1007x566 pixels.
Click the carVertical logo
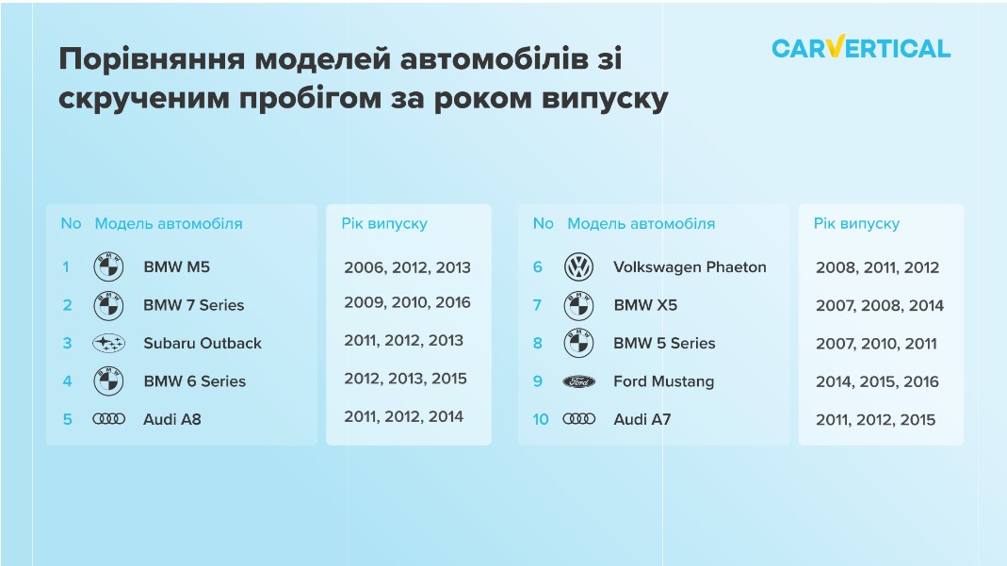(861, 47)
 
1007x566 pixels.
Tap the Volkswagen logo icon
(578, 267)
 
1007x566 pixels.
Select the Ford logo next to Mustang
(578, 381)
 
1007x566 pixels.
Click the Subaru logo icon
(108, 344)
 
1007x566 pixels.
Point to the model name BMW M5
(176, 267)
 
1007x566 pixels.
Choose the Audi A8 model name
(172, 419)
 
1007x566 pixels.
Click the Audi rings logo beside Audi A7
(578, 419)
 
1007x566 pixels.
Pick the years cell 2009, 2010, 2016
(407, 303)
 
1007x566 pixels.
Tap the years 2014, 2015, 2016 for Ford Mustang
(877, 381)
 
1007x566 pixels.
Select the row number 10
(541, 420)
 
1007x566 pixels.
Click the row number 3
(67, 344)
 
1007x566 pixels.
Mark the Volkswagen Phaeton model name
(690, 267)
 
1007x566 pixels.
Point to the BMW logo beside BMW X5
(578, 305)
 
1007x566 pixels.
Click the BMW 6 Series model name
(195, 381)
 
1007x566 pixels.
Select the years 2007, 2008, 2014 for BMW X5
(880, 305)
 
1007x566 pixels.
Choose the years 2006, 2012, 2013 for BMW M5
(407, 267)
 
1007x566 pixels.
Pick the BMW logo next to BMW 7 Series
(108, 305)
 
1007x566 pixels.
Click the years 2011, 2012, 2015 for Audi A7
(875, 420)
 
